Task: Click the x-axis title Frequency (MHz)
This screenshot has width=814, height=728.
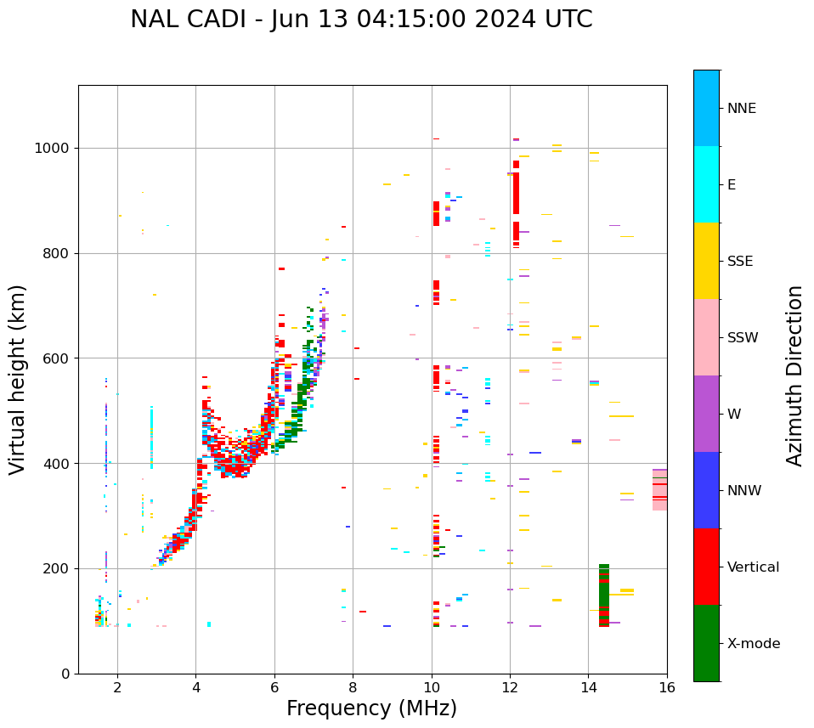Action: click(371, 708)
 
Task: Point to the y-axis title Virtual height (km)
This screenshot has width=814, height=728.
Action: click(18, 379)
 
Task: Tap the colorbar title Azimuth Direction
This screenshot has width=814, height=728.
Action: click(794, 375)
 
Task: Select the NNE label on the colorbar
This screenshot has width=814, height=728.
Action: click(741, 109)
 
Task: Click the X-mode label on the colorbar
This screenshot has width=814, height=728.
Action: click(753, 644)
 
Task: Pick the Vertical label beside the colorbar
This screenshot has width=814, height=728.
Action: click(754, 567)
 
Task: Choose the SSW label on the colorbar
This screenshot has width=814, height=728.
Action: click(742, 338)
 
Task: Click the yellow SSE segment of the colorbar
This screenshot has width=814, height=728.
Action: click(706, 260)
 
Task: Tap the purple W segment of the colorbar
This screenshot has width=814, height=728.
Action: click(706, 414)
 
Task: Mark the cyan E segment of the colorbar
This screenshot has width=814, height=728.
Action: click(706, 183)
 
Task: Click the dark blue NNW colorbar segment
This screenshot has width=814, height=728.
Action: click(706, 490)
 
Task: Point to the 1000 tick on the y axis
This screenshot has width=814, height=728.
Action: click(54, 148)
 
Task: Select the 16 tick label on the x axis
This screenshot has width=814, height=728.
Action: click(666, 687)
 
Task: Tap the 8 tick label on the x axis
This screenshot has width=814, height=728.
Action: click(353, 687)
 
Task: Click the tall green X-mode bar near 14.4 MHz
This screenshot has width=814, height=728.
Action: click(604, 595)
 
